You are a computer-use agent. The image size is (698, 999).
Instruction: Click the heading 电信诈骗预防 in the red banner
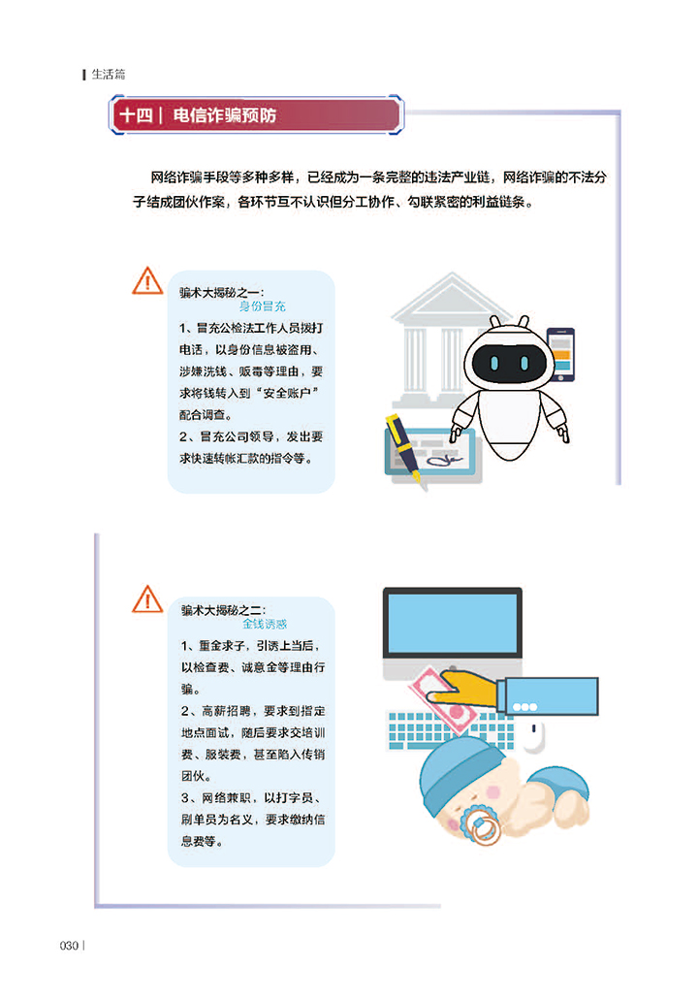tap(224, 115)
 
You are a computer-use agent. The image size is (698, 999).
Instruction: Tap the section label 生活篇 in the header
tap(109, 75)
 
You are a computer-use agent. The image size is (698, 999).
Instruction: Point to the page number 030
tap(69, 946)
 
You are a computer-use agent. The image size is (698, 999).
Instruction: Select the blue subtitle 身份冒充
tap(263, 306)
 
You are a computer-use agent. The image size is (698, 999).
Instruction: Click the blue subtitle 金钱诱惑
tap(265, 624)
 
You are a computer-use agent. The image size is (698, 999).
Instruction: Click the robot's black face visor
tap(509, 362)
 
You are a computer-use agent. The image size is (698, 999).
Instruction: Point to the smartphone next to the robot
tap(560, 354)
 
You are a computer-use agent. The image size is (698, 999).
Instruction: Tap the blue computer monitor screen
tap(452, 624)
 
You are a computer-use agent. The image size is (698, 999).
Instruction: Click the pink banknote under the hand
tap(443, 702)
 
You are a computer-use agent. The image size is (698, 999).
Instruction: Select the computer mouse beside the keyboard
tap(534, 736)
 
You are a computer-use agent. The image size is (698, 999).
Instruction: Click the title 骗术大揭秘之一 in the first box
tap(220, 293)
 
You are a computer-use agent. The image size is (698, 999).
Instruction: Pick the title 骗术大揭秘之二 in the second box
tap(222, 610)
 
